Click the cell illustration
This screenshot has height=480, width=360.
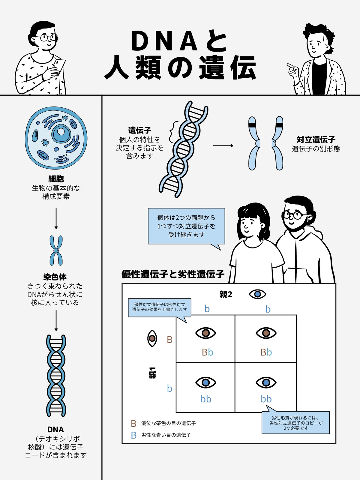point(56,138)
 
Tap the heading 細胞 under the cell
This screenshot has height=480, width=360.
point(56,179)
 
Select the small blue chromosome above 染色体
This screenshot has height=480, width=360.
point(56,250)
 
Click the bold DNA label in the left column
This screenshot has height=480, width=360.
point(56,430)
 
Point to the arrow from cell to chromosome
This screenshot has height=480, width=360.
point(56,218)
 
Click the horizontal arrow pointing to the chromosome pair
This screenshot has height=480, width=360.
point(223,145)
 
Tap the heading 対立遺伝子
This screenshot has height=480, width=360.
point(316,139)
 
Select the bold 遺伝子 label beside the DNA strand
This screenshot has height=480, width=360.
point(140,130)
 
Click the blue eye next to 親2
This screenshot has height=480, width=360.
point(257,294)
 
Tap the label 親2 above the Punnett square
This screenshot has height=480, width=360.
point(226,295)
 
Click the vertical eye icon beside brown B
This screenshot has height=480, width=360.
point(152,338)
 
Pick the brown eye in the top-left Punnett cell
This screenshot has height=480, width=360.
point(205,333)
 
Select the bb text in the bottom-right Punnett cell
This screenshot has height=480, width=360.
point(266,399)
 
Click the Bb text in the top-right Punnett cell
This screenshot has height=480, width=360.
point(266,352)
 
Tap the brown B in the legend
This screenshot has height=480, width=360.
point(133,424)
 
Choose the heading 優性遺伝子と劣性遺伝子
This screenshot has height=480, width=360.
point(173,274)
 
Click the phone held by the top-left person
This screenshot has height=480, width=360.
point(59,66)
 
